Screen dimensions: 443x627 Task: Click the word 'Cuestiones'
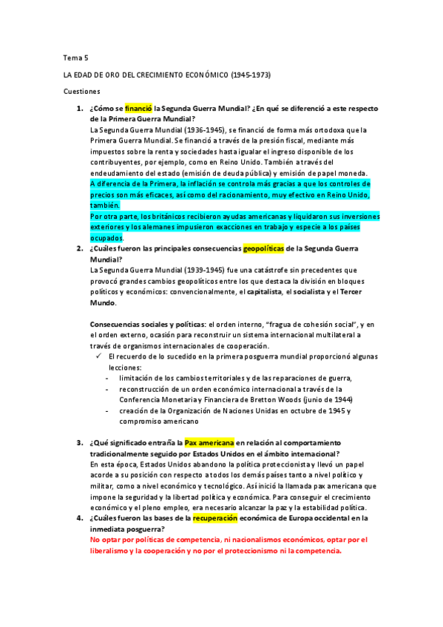click(x=81, y=92)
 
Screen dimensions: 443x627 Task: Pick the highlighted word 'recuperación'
click(x=218, y=519)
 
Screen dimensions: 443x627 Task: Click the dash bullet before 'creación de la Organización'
click(x=108, y=410)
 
